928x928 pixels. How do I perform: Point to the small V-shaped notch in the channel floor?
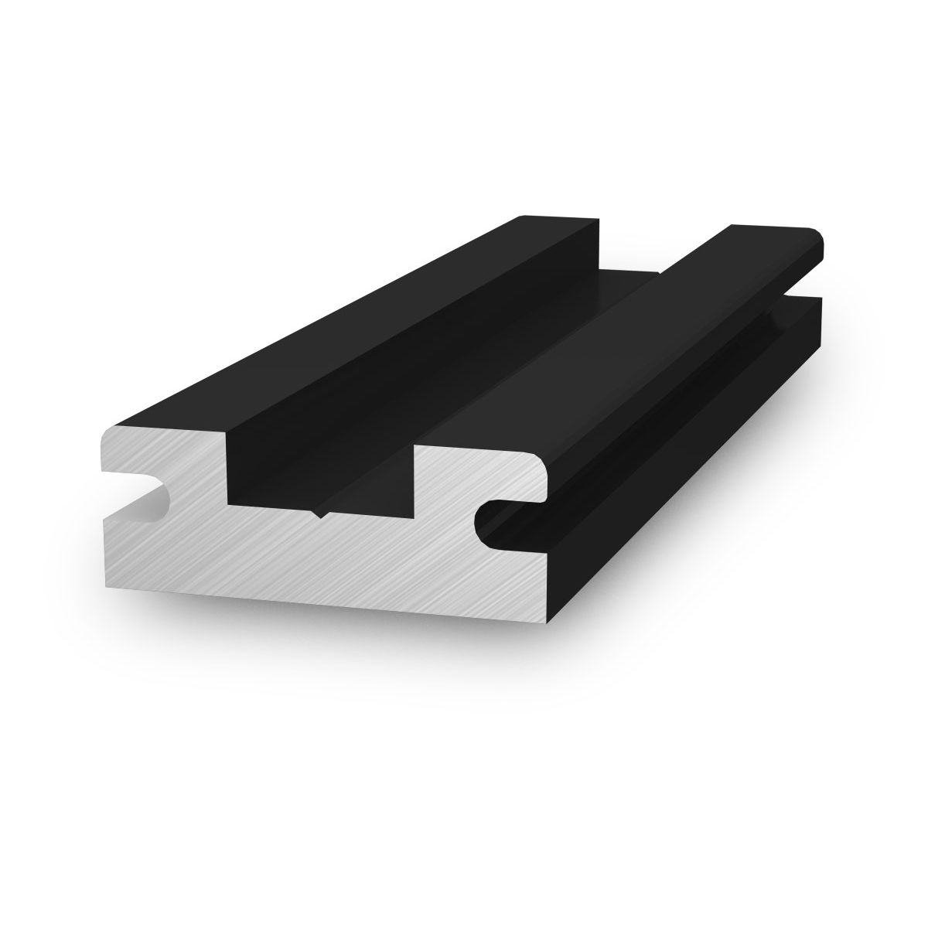[x=322, y=513]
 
